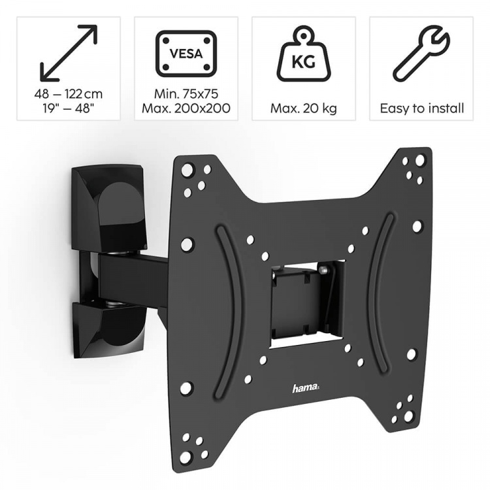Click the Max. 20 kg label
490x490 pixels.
[303, 108]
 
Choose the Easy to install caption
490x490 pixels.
[421, 108]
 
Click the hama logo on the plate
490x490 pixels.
[306, 389]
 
